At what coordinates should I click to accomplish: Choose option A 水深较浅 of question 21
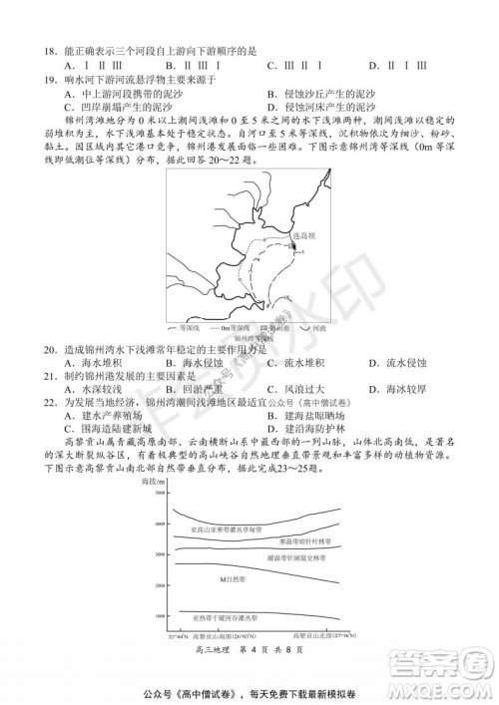pos(89,390)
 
